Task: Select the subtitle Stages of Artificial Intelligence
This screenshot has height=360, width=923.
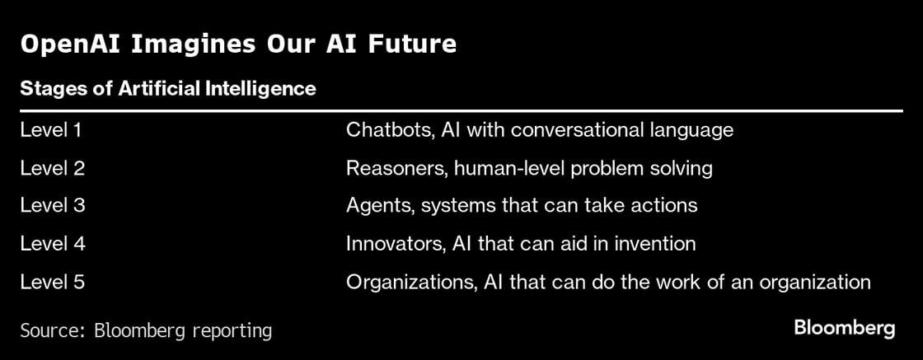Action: coord(167,88)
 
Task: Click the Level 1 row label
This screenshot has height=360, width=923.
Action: coord(51,130)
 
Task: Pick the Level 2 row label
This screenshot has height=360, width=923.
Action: coord(52,168)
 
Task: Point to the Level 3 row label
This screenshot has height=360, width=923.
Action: coord(52,206)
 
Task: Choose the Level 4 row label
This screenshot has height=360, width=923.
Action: coord(52,244)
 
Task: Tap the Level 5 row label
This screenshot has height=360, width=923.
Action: coord(52,282)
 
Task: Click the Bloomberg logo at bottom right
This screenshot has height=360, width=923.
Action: coord(844,328)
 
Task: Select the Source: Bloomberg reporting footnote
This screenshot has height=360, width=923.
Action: coord(146,331)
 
